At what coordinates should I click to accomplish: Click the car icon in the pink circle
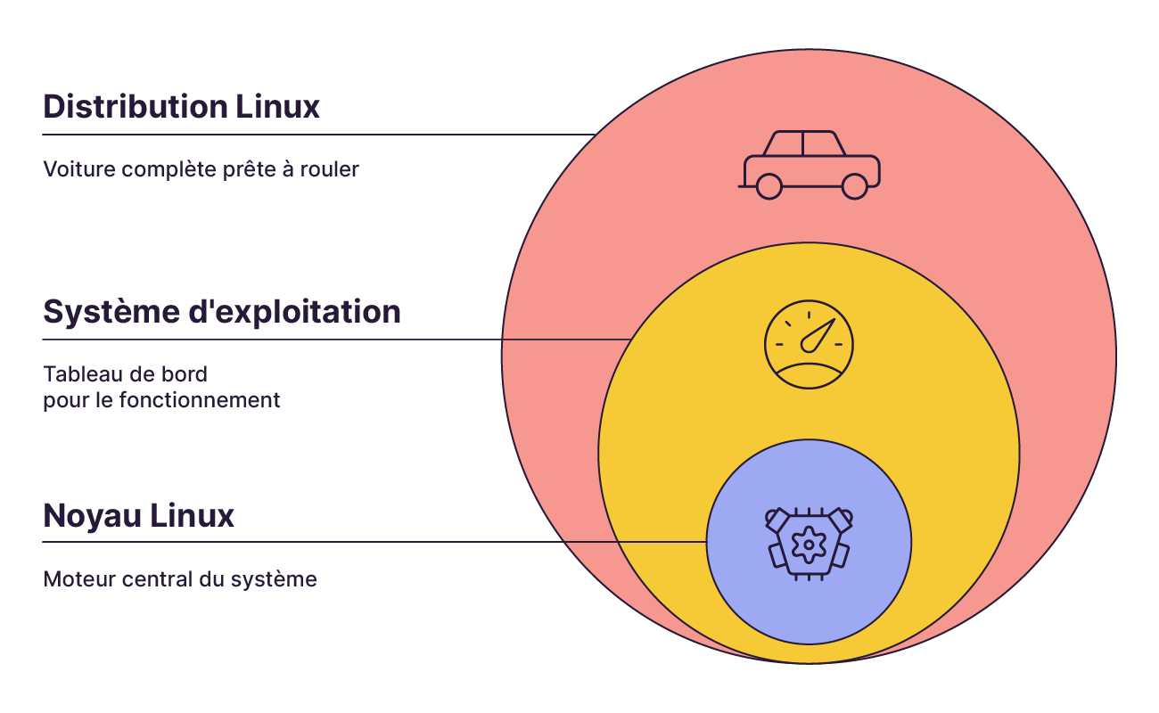tap(810, 165)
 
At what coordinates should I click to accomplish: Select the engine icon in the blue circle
tap(809, 543)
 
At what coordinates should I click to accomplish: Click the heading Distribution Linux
tap(181, 107)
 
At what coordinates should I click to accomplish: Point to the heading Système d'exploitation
tap(222, 312)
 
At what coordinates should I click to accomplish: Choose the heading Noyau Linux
tap(138, 516)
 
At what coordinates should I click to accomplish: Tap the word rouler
tap(330, 169)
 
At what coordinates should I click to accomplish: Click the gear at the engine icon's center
tap(809, 544)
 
